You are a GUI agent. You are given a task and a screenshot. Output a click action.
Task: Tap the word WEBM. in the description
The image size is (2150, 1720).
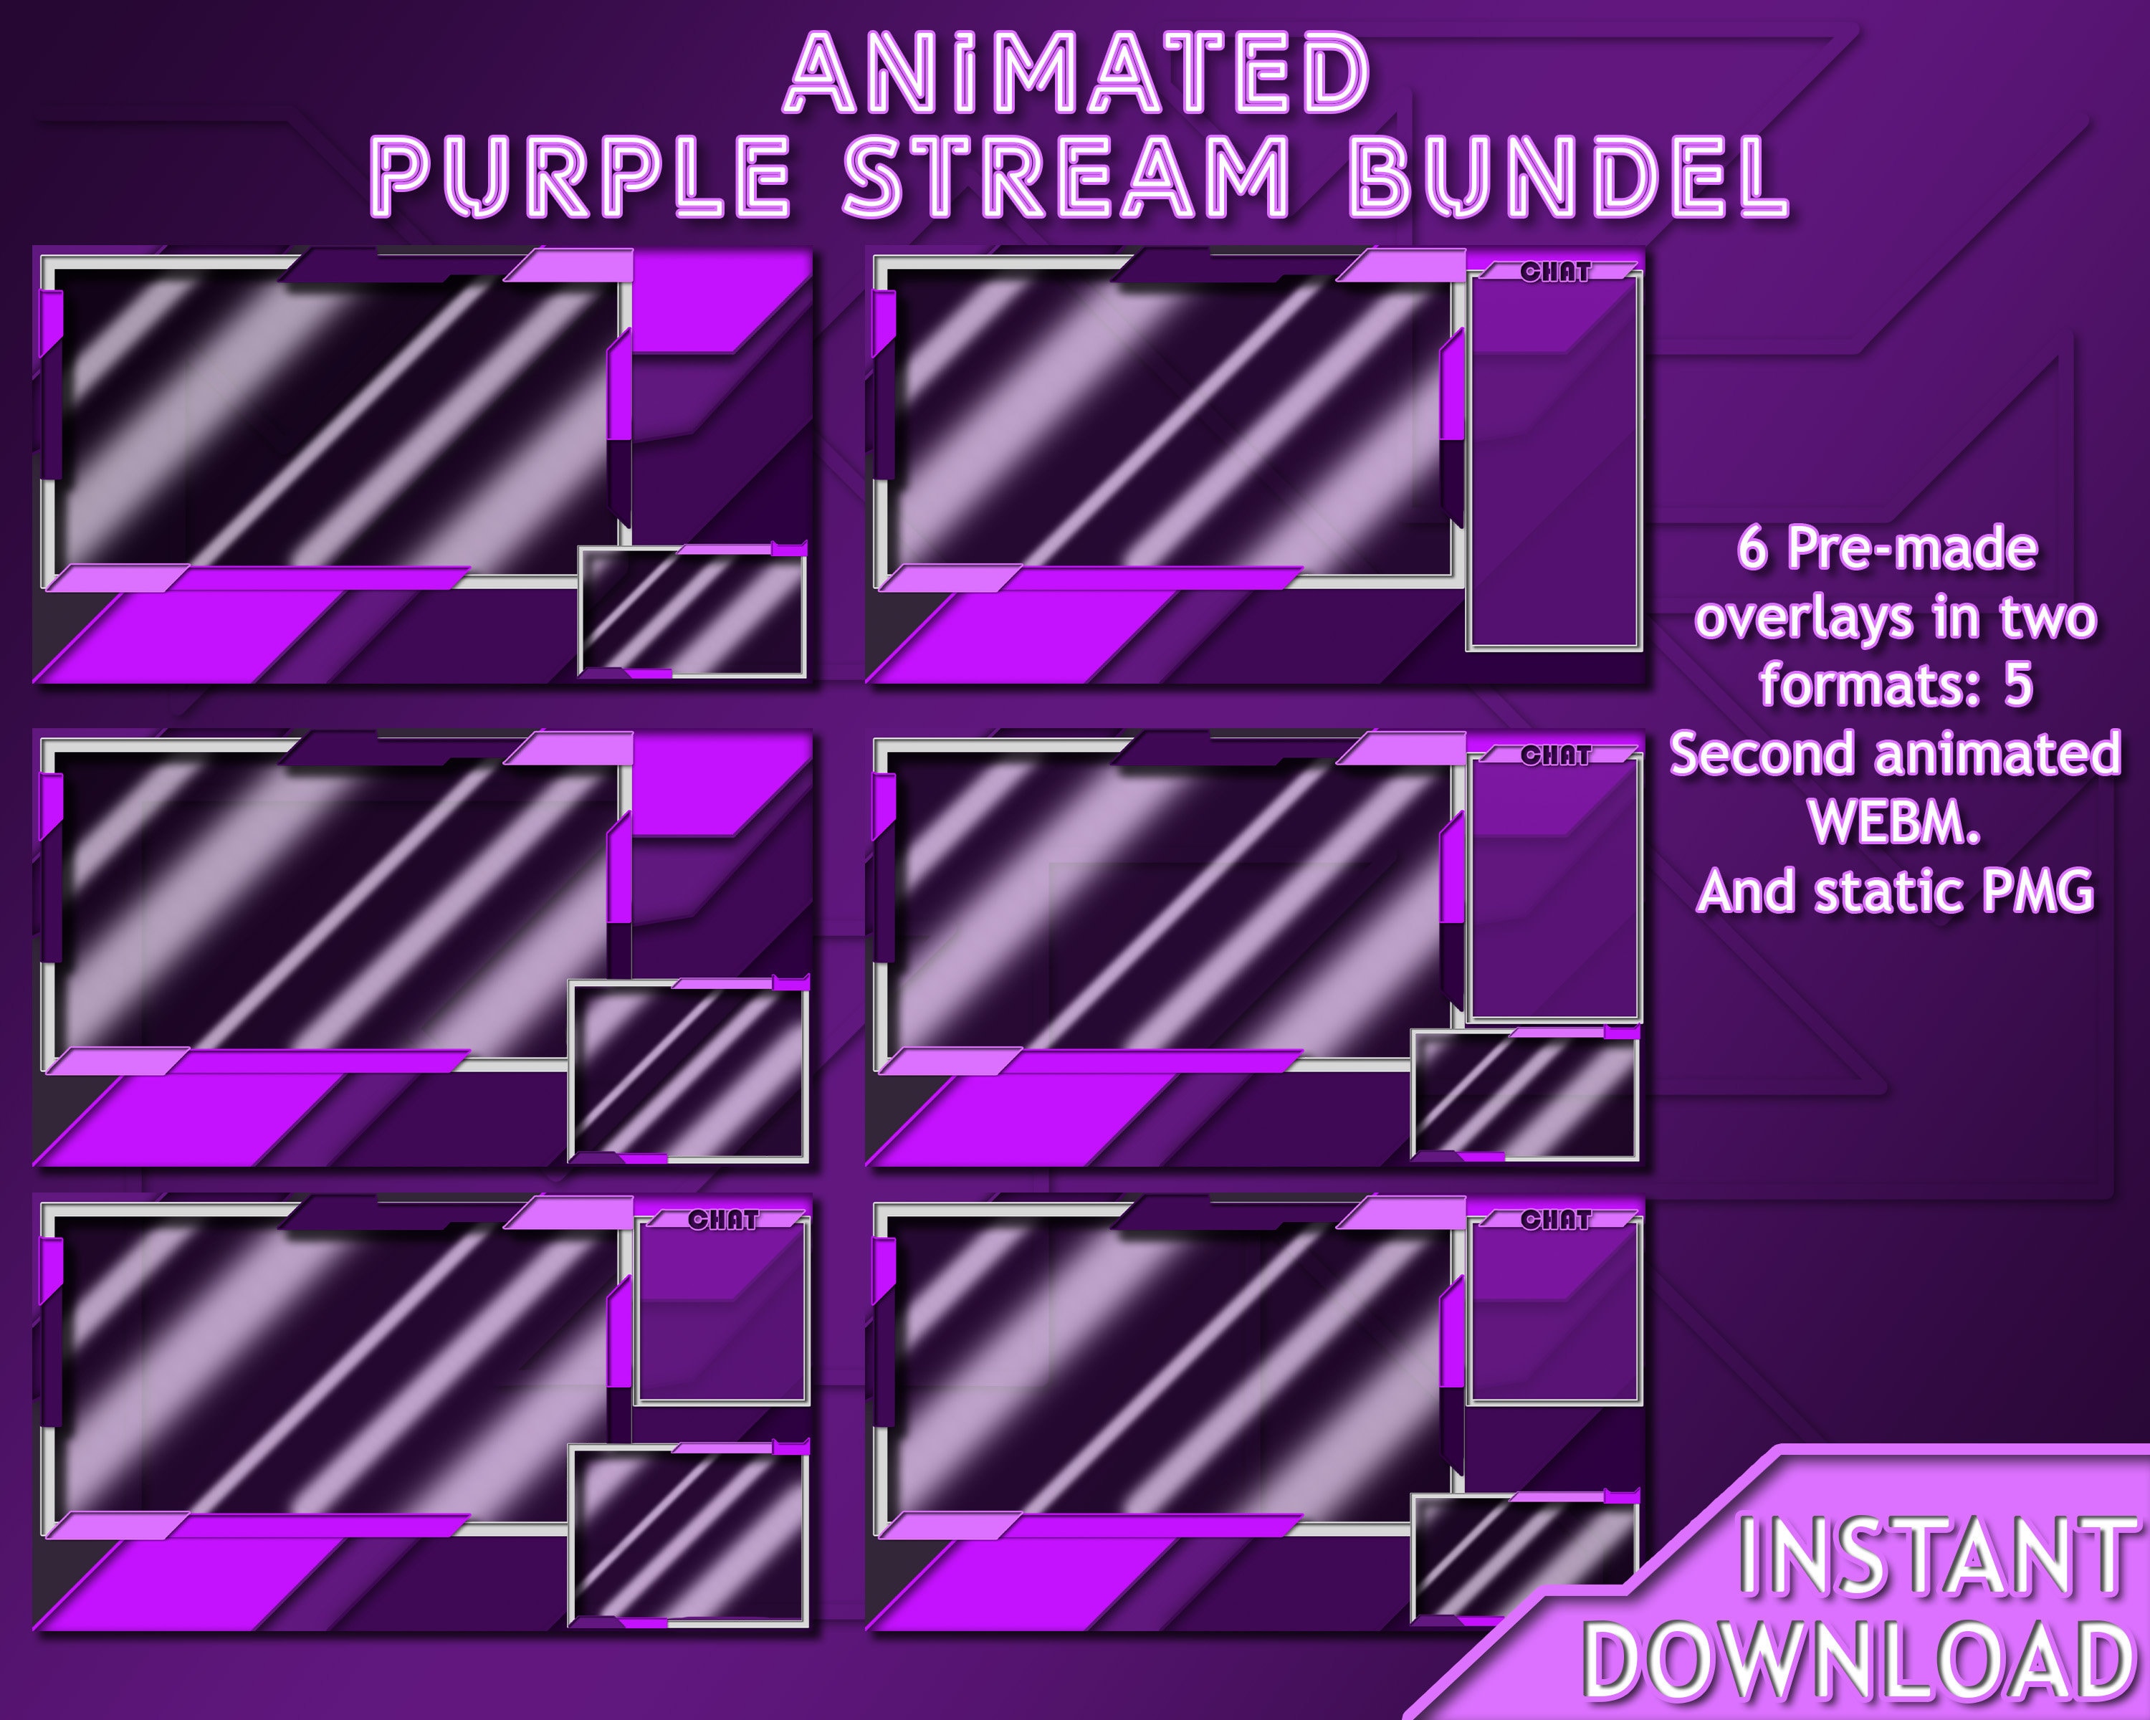(x=1893, y=821)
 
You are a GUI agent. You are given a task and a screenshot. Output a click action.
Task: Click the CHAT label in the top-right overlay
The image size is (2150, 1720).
(x=1556, y=272)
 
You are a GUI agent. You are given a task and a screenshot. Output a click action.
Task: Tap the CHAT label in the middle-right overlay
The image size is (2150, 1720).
(x=1556, y=756)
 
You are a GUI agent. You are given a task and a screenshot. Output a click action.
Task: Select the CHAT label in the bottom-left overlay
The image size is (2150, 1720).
(x=723, y=1220)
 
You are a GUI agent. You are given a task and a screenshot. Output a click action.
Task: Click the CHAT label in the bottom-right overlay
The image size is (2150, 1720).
(x=1556, y=1220)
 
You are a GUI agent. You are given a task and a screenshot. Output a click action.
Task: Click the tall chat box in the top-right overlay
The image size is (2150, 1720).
(x=1554, y=469)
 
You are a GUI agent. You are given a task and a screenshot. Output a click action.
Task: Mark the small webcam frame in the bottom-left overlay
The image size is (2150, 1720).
(x=688, y=1537)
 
